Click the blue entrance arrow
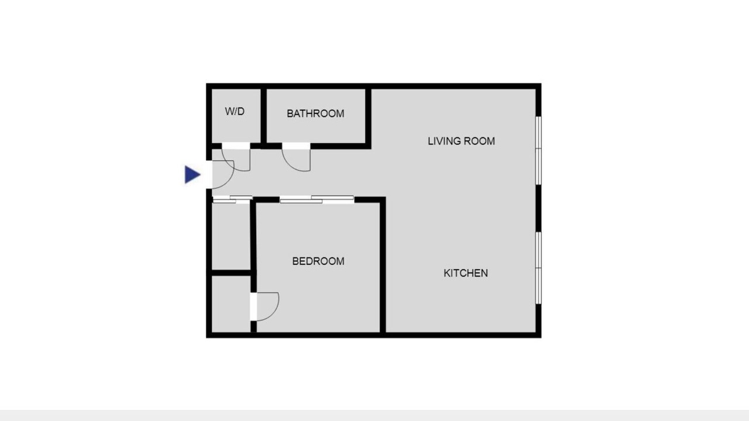[192, 174]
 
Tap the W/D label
[235, 111]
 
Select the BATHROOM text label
[315, 113]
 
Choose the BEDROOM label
[318, 261]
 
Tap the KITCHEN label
[465, 273]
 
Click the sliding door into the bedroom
[317, 199]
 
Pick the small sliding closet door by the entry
[232, 199]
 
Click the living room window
[538, 150]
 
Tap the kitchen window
[538, 268]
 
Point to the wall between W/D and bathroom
[263, 116]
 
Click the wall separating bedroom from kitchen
[383, 266]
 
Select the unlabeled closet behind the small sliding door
[231, 236]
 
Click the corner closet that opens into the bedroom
[231, 304]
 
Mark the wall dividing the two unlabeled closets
[231, 272]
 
